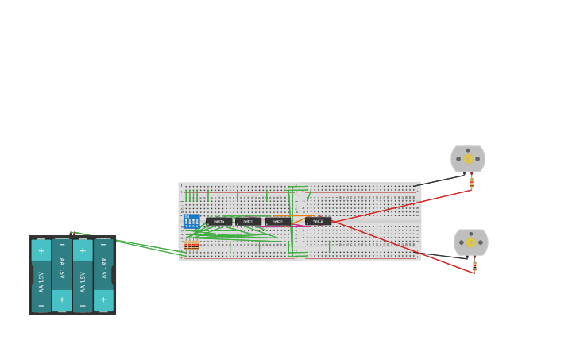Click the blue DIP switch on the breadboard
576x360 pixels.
pos(191,221)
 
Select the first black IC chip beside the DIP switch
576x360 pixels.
pos(218,221)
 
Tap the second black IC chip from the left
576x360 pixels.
pos(248,221)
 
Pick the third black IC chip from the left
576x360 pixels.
pos(277,221)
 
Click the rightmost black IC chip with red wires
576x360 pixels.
pos(318,221)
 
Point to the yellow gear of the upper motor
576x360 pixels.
pos(468,159)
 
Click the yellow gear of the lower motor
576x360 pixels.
pos(471,242)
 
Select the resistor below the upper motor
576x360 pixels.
pos(471,183)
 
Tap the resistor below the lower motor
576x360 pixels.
pos(474,265)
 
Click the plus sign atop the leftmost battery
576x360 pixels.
pos(41,251)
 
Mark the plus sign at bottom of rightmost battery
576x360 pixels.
pos(103,300)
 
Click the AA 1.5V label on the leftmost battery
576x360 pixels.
pos(41,281)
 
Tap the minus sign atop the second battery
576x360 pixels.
pos(62,245)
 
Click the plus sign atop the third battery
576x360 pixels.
pos(83,251)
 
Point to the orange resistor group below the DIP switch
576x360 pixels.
pos(191,245)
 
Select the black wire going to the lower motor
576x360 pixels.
pos(442,255)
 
